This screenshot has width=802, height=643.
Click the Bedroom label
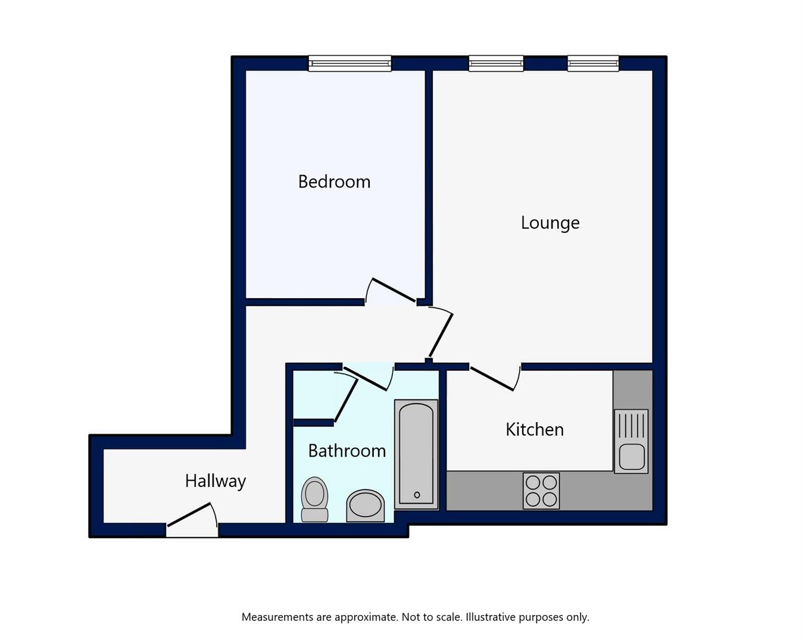point(334,182)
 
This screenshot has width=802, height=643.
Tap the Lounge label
point(550,223)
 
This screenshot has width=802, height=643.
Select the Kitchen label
point(535,430)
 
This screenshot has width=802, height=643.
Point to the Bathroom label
point(347,451)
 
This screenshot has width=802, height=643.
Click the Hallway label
point(216,482)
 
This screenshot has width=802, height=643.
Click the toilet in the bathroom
point(314,499)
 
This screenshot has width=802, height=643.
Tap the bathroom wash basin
point(365,506)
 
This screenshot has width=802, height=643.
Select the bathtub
point(416,454)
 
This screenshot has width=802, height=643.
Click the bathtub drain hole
point(417,495)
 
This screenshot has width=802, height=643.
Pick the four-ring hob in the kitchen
point(541,491)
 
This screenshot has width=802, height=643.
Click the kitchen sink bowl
point(632,457)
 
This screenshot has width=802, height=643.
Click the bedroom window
point(350,63)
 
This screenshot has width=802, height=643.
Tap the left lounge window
point(496,63)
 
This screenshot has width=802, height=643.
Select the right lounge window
point(593,63)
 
